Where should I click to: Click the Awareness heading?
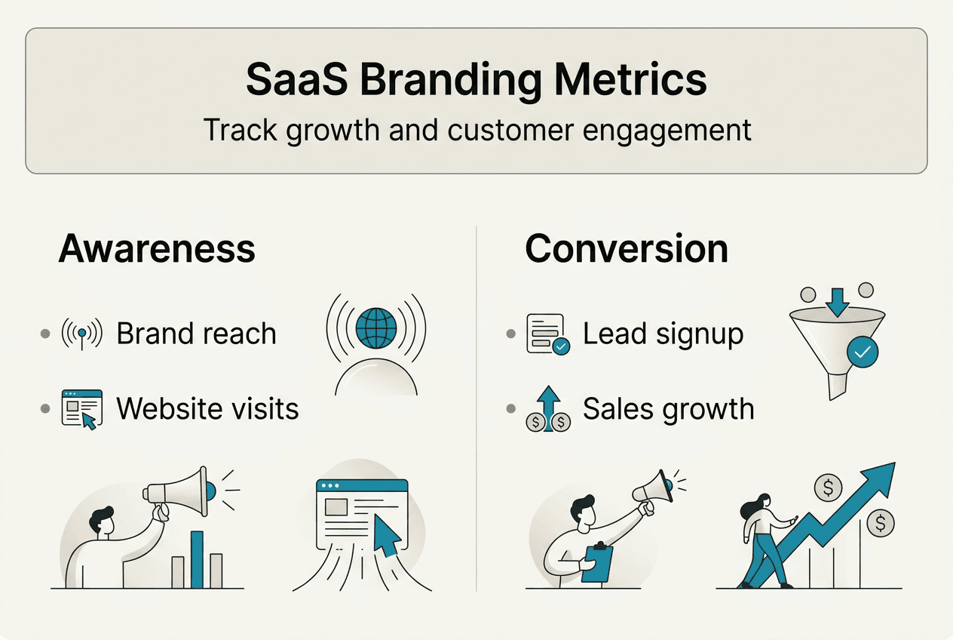point(157,248)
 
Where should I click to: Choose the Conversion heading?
point(627,248)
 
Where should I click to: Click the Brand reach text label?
point(196,334)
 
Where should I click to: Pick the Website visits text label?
point(207,408)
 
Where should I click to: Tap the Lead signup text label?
point(663,334)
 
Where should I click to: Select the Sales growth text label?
point(668,408)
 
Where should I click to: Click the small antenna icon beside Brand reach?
point(81,334)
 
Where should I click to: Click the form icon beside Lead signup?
point(547,334)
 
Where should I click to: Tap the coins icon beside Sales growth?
point(548,410)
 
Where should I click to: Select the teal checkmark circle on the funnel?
point(862,352)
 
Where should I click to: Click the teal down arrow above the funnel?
point(836,301)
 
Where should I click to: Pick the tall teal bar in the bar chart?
point(197,559)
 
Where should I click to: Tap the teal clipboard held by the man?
point(598,563)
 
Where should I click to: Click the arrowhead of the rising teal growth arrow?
point(880,477)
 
